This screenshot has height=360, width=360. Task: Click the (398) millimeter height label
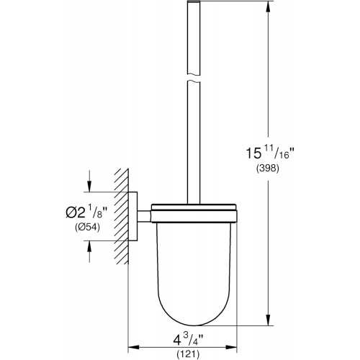[x=268, y=168]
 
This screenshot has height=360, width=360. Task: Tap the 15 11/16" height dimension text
[x=270, y=153]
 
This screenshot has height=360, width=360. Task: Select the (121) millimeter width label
[x=188, y=354]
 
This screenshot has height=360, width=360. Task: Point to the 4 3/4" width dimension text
[x=188, y=340]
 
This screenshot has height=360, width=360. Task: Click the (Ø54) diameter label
[x=87, y=227]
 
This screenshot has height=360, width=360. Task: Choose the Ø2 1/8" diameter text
[x=86, y=212]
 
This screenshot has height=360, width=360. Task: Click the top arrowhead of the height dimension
[x=268, y=7]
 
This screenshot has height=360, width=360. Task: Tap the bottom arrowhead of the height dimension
[x=268, y=320]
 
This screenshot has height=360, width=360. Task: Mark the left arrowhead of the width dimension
[x=134, y=347]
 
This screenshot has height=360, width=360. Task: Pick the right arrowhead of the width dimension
[x=231, y=347]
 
